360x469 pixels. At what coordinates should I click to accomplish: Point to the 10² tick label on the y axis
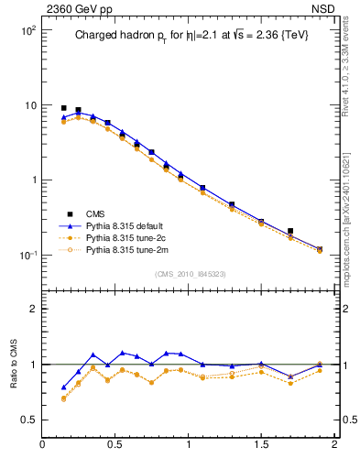point(27,30)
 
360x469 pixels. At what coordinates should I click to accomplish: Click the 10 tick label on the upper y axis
point(29,105)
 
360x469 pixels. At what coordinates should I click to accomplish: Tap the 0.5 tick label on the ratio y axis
point(28,420)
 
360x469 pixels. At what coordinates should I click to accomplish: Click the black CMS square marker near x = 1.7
point(290,231)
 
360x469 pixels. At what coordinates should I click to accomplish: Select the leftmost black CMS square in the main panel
point(64,108)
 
